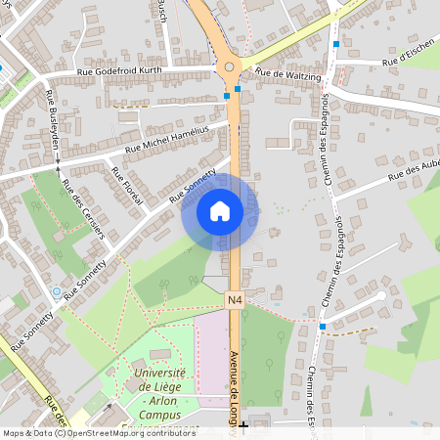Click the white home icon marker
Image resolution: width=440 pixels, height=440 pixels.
pyautogui.click(x=220, y=211)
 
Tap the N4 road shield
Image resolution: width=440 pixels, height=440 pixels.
pyautogui.click(x=235, y=300)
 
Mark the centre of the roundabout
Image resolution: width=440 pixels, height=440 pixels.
pyautogui.click(x=231, y=67)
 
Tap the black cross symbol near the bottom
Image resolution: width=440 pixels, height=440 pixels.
pyautogui.click(x=242, y=426)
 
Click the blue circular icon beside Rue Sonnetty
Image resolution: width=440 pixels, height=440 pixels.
pyautogui.click(x=57, y=291)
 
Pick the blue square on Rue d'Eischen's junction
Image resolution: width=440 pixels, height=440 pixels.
pyautogui.click(x=336, y=43)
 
